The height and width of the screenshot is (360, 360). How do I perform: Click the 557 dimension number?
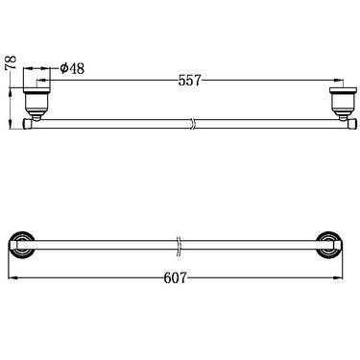(x=188, y=81)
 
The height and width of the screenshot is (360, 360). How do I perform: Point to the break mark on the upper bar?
(x=194, y=123)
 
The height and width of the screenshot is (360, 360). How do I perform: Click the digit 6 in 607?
(x=166, y=277)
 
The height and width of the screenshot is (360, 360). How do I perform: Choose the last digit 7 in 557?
(x=199, y=81)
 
